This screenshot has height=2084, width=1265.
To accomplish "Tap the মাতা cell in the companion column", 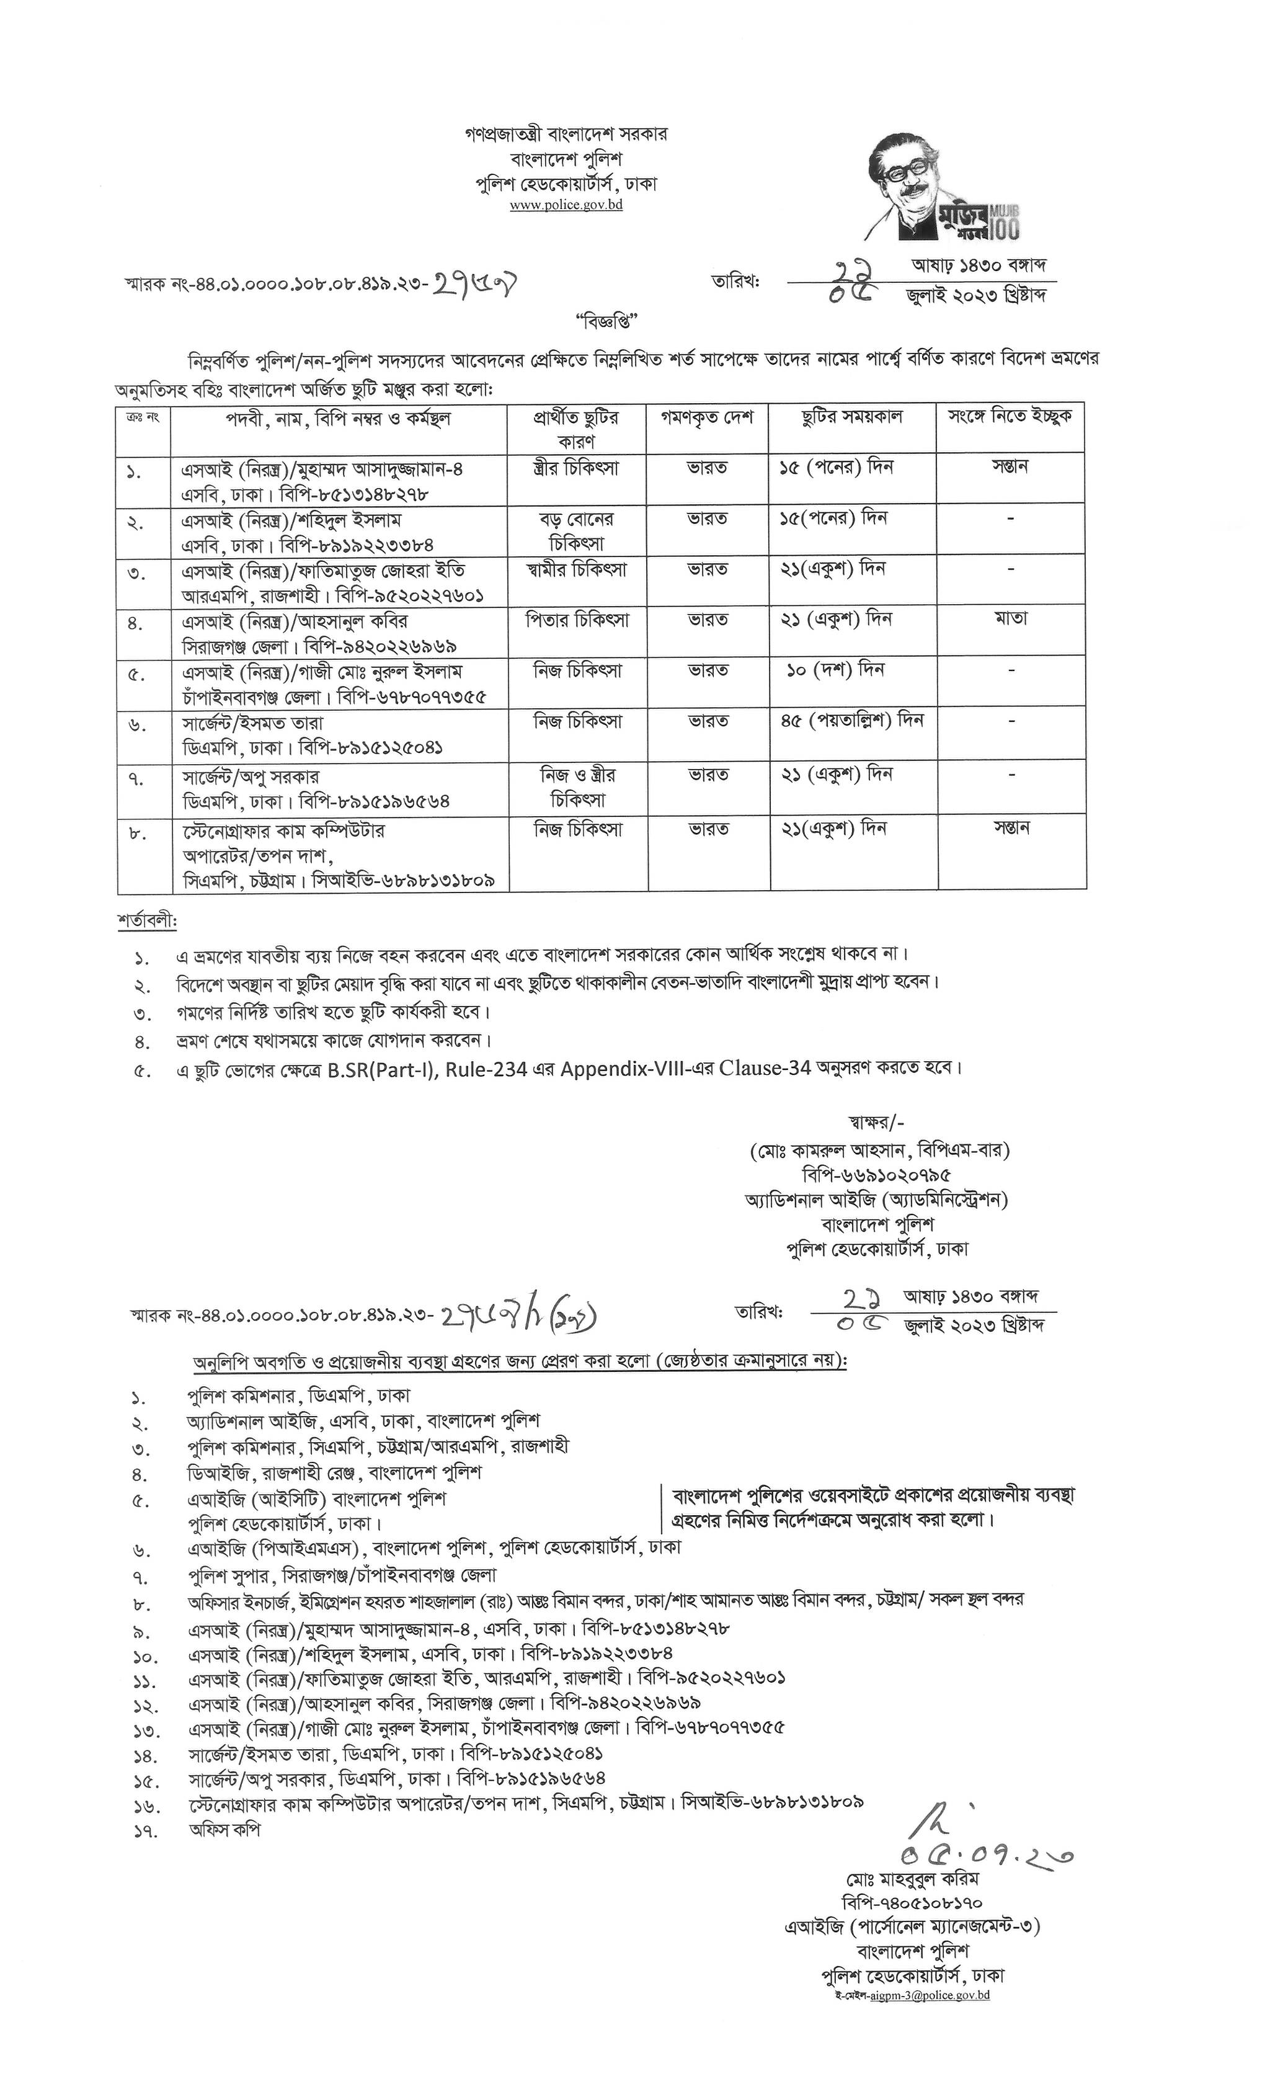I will (x=1011, y=618).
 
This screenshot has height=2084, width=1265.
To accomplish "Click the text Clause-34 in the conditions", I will (x=765, y=1068).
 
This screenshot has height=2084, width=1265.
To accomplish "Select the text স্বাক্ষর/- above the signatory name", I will (x=876, y=1123).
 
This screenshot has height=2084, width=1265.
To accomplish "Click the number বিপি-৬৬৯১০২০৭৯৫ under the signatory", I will (x=876, y=1175).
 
